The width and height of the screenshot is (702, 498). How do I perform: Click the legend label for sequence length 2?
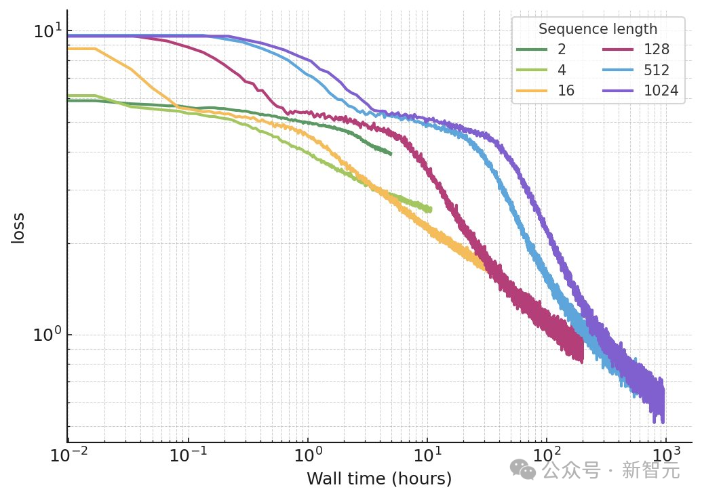coord(562,49)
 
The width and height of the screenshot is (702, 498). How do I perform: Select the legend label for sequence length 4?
coord(562,70)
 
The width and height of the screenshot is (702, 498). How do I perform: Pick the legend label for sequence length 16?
coord(566,91)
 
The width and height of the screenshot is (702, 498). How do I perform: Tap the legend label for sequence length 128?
coord(657,49)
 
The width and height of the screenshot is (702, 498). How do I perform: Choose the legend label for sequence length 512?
coord(657,70)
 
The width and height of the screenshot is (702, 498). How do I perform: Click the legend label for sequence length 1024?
coord(660,91)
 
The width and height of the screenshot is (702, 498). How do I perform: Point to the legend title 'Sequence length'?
coord(597,29)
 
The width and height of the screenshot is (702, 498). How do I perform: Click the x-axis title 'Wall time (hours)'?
coord(378,479)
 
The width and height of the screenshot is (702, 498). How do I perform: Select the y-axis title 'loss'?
coord(18,228)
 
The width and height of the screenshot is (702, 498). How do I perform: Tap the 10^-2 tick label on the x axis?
coord(67,455)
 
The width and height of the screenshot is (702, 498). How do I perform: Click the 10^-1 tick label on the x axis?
coord(188,455)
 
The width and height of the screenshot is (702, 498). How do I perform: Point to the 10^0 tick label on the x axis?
coord(308,455)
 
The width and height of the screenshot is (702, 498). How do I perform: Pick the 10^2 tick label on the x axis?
coord(547,455)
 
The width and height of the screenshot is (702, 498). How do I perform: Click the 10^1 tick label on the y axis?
coord(47,31)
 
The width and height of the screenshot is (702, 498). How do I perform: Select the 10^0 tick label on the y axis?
coord(47,335)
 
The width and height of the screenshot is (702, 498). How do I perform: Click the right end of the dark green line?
coord(391,153)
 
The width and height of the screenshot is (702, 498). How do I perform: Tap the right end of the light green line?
coord(431,209)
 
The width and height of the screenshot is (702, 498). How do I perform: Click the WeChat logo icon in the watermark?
coord(522,468)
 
